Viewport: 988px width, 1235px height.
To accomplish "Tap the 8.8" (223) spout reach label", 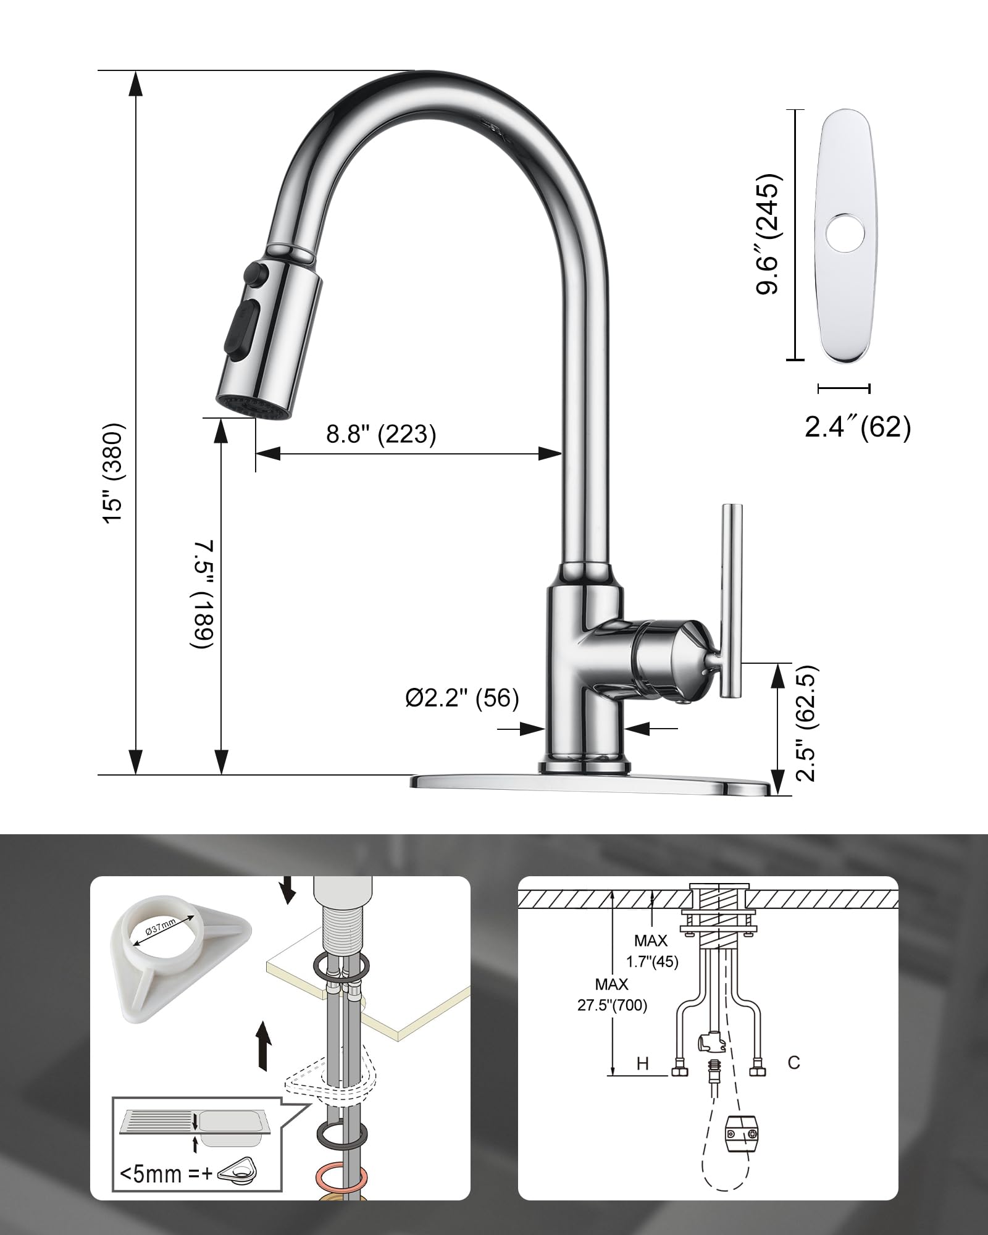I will [381, 434].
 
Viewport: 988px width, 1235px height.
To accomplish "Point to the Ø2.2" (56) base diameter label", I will [462, 698].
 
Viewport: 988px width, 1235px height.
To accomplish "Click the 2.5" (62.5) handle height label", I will [806, 723].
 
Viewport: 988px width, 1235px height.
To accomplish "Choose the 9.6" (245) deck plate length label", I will [769, 234].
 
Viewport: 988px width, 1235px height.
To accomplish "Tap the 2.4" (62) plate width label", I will [857, 426].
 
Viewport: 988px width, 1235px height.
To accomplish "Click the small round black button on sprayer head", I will [254, 271].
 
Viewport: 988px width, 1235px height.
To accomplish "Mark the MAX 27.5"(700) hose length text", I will [612, 995].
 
